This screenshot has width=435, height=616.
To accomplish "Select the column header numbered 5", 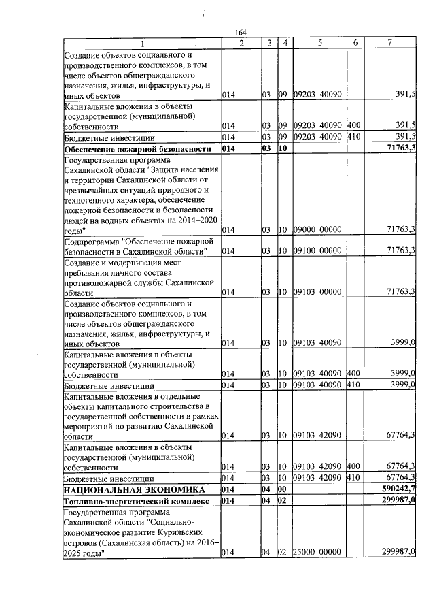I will tap(319, 44).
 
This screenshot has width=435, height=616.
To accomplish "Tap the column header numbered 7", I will tap(389, 44).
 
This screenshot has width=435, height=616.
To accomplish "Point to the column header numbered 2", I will tap(241, 44).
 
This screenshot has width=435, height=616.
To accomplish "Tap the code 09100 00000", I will tap(317, 251).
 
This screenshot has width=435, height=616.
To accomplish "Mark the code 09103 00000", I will tap(317, 292).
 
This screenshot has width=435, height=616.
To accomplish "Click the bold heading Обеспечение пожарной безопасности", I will tap(126, 148).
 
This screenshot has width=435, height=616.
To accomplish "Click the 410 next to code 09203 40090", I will tap(353, 137).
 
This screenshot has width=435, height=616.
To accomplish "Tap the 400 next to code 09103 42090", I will tap(353, 467).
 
